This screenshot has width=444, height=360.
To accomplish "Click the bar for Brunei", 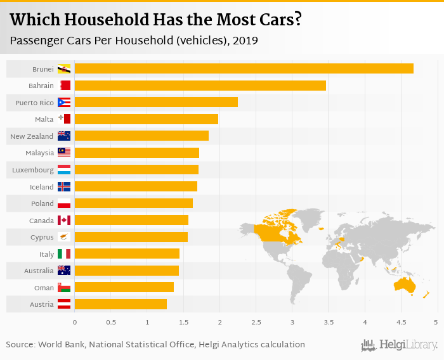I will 244,68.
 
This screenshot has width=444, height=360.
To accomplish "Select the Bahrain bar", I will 200,86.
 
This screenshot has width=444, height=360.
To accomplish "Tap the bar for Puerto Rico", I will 156,102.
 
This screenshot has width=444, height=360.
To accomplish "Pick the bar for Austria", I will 121,304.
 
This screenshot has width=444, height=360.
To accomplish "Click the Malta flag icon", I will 64,119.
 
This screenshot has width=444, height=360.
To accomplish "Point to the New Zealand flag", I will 64,136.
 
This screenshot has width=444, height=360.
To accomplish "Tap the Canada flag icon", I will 64,220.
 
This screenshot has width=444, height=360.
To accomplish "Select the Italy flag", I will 64,254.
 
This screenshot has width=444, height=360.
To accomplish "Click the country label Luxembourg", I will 33,170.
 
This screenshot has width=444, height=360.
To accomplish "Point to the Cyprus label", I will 42,237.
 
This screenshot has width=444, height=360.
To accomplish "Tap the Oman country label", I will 44,288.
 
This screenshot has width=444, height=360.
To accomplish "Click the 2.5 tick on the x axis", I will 256,323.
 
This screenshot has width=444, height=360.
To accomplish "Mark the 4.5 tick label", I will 400,323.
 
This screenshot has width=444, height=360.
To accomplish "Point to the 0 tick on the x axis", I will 75,323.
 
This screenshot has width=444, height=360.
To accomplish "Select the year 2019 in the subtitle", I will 245,41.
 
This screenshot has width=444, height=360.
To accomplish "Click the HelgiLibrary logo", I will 400,345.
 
